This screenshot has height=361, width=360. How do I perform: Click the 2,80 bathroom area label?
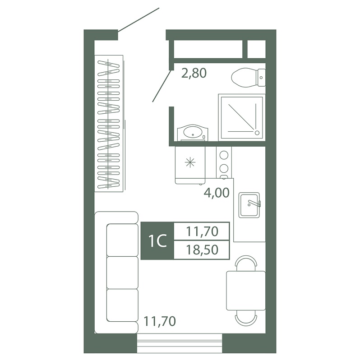[x=194, y=74]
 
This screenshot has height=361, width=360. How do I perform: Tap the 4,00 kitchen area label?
[x=217, y=193]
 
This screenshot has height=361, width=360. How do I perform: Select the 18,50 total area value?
[x=202, y=250]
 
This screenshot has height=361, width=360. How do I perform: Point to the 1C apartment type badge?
[x=157, y=241]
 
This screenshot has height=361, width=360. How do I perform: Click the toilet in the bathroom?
[x=249, y=78]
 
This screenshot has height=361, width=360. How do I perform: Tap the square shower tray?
[x=242, y=117]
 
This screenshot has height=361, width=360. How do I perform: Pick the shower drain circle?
[x=257, y=133]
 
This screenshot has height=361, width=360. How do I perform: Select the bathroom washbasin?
[x=193, y=133]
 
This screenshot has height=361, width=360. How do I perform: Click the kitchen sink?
[x=249, y=205]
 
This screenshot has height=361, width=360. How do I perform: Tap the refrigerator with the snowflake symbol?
[x=190, y=165]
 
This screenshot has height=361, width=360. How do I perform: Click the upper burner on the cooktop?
[x=224, y=155]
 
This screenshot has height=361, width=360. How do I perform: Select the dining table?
[x=246, y=291]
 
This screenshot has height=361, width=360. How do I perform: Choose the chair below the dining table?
[x=246, y=318]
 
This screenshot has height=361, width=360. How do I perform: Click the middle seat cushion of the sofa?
[x=123, y=273]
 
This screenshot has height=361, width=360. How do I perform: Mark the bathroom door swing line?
[x=162, y=86]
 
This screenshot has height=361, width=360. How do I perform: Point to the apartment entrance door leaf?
[x=138, y=19]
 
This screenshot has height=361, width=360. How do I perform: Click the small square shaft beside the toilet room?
[x=256, y=49]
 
